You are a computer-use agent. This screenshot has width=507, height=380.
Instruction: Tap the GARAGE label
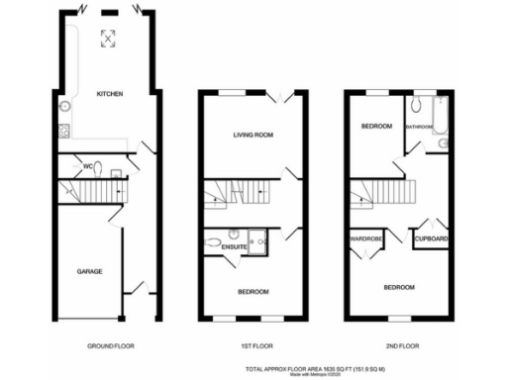(91, 270)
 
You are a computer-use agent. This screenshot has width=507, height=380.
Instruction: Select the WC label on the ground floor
(88, 165)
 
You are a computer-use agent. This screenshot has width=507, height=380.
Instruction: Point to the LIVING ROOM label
(253, 134)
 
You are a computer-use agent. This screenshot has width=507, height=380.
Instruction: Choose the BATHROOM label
(420, 127)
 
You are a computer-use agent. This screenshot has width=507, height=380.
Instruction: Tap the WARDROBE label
(364, 239)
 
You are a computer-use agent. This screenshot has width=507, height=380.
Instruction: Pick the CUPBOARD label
(431, 239)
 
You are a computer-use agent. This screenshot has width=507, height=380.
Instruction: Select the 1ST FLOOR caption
(253, 346)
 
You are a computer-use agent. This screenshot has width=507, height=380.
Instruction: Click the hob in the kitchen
(65, 131)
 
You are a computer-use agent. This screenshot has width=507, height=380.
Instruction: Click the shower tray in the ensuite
(259, 238)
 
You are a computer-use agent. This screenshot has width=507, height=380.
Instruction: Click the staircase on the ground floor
(95, 190)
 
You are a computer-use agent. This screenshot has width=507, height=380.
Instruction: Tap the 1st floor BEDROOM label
(253, 290)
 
